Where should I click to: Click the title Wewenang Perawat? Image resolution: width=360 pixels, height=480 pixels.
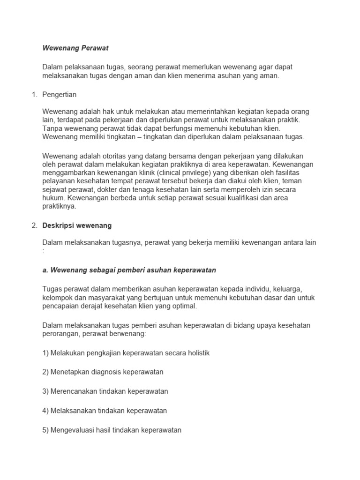coord(75,48)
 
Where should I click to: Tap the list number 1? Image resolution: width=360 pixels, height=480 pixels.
coord(34,94)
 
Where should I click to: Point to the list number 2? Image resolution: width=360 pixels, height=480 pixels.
coord(34,225)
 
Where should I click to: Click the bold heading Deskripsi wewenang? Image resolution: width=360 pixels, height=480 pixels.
coord(77,225)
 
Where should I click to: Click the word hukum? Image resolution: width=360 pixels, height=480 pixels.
coord(53,198)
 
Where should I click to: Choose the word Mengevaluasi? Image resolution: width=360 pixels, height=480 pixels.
coord(73,429)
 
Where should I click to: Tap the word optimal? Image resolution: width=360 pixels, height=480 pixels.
coord(183,306)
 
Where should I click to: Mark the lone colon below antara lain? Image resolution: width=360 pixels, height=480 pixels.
coord(43,251)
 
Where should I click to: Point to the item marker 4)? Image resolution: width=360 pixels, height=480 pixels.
coord(46,410)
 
